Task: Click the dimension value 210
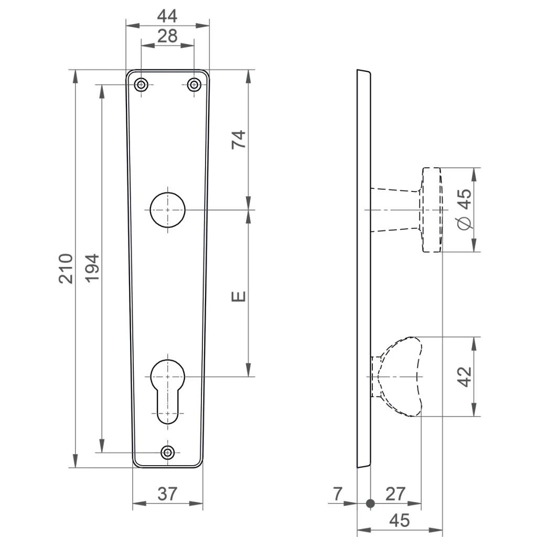tap(66, 268)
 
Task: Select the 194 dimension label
tap(92, 268)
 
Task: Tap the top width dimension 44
tap(167, 16)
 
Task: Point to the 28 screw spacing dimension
tap(167, 36)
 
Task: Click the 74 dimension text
tap(239, 139)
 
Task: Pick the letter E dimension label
tap(239, 296)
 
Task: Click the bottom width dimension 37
tap(167, 494)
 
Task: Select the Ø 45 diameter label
tap(464, 209)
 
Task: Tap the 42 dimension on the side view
tap(465, 377)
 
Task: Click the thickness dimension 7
tap(338, 494)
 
